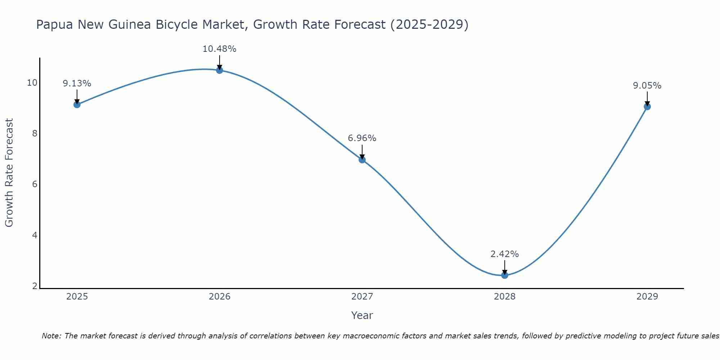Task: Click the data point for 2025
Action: tap(77, 104)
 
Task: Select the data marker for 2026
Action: tap(219, 70)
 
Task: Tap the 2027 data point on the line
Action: tap(362, 159)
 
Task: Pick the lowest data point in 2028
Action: tap(504, 275)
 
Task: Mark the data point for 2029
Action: tap(647, 107)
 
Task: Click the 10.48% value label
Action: tap(219, 49)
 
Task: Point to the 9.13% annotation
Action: tap(77, 84)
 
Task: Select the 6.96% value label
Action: tap(362, 138)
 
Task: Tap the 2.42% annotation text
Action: tap(504, 254)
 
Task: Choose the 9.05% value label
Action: tap(647, 86)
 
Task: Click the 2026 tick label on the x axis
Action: tap(220, 297)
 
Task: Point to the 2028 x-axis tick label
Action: tap(504, 297)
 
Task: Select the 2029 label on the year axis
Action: tap(647, 297)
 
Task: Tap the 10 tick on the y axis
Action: tap(32, 83)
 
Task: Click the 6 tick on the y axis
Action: tap(35, 184)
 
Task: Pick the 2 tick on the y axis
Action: tap(35, 286)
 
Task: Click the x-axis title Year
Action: tap(362, 315)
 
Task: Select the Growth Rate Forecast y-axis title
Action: tap(9, 173)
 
